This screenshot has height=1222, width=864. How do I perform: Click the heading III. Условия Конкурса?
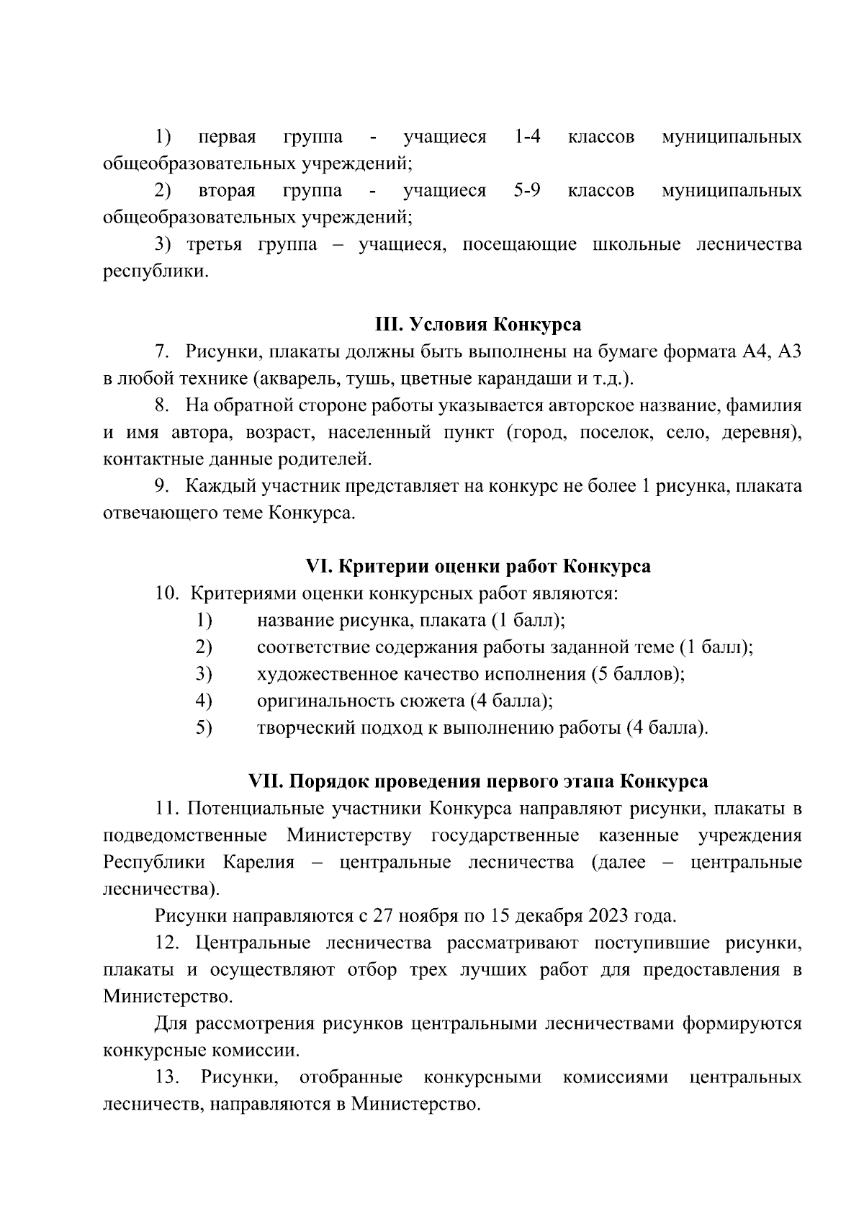tap(478, 325)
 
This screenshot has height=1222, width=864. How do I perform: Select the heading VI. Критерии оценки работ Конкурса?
tap(478, 567)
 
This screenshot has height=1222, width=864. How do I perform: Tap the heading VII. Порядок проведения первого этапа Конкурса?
tap(478, 781)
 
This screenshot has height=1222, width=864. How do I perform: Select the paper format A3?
tap(790, 352)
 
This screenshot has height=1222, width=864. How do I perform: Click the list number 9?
tap(163, 487)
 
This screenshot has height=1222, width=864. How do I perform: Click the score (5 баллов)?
tap(637, 674)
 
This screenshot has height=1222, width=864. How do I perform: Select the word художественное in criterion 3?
tap(327, 674)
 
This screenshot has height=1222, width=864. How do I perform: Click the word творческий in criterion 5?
tap(297, 728)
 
